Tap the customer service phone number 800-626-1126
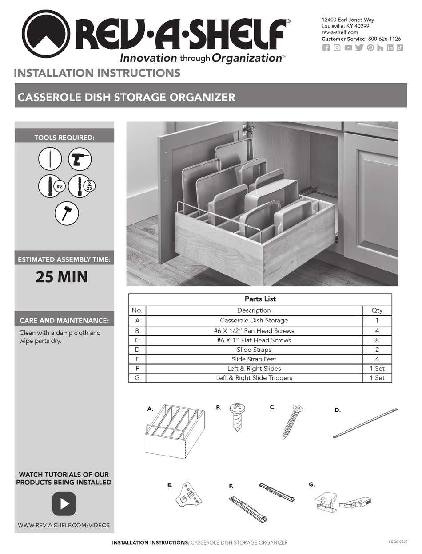click(384, 39)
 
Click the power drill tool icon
click(80, 159)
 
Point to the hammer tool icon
click(67, 213)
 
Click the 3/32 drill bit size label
click(89, 185)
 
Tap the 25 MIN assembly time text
click(62, 277)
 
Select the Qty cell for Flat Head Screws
click(377, 340)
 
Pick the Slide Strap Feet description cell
click(254, 359)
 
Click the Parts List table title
click(260, 299)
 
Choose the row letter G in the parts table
click(137, 378)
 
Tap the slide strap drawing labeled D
click(365, 423)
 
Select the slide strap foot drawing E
click(187, 496)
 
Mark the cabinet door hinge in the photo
click(248, 130)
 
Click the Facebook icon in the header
click(326, 48)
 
